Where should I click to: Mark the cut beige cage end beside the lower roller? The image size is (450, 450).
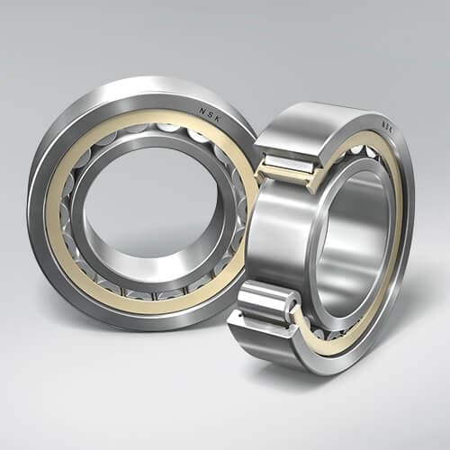coord(297,316)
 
